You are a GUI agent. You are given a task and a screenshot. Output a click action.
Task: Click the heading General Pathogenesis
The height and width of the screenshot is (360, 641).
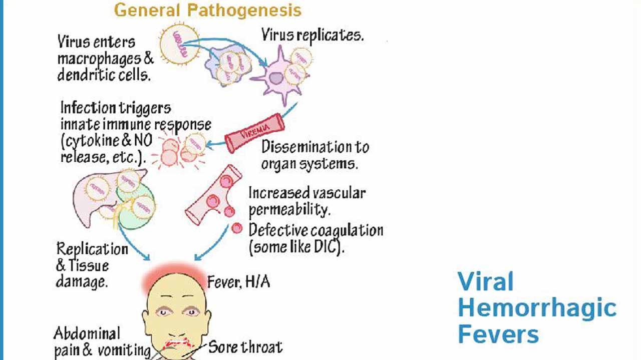coord(208,10)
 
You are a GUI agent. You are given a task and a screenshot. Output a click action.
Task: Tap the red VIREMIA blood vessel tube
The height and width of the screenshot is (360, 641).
coord(255,133)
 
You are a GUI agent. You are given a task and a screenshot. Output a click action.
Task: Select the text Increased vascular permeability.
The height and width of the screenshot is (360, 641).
coord(307,200)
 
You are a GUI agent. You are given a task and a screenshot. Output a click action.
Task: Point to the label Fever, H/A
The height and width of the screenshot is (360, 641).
coord(239,282)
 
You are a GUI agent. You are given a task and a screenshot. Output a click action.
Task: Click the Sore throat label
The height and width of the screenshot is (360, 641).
coord(245,346)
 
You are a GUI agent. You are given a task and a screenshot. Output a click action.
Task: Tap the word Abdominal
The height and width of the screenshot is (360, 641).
coord(87,333)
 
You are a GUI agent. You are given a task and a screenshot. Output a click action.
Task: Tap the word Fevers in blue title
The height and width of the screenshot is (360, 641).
coord(498,333)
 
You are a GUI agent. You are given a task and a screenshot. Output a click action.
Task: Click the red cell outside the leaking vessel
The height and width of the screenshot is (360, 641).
coord(237,229)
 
